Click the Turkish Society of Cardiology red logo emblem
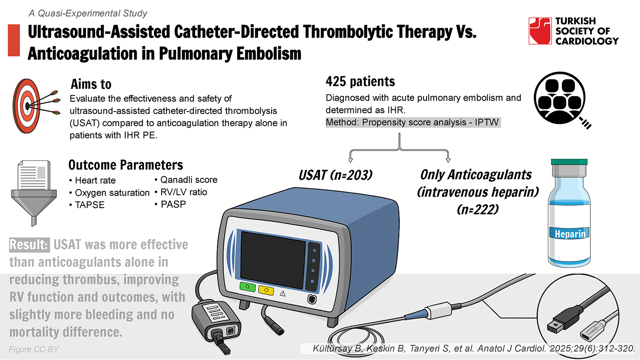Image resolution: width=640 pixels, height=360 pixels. [x=540, y=31]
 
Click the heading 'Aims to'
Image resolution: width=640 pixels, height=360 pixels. [x=91, y=84]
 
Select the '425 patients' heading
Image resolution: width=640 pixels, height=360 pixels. [x=360, y=82]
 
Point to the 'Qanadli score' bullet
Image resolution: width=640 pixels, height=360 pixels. [x=186, y=180]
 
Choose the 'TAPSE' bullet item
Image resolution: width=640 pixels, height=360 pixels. [x=87, y=205]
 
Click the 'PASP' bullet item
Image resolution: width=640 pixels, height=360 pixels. [x=170, y=204]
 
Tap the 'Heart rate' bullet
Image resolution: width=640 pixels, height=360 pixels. [x=92, y=180]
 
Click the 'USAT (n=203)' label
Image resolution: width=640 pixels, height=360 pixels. [x=336, y=175]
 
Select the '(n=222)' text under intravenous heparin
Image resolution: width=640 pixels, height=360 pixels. [x=478, y=210]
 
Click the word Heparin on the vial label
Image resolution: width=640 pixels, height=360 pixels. [x=570, y=234]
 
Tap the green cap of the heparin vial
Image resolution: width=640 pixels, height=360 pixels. [x=569, y=162]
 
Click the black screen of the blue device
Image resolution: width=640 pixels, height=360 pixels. [x=273, y=260]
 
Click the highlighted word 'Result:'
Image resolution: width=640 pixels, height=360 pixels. [x=29, y=245]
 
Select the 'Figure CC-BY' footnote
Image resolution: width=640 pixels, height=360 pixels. [x=34, y=349]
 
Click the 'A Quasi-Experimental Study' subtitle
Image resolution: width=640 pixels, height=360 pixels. [x=88, y=13]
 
